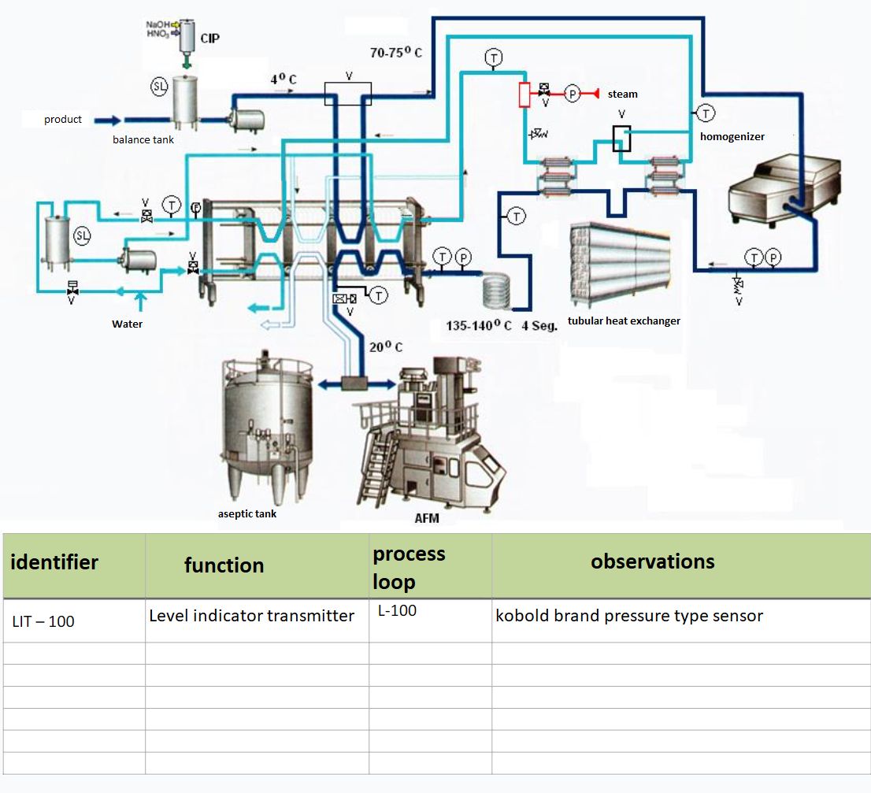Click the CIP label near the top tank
pyautogui.click(x=210, y=39)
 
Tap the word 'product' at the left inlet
pyautogui.click(x=63, y=120)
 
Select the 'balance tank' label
pyautogui.click(x=143, y=139)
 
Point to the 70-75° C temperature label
pyautogui.click(x=396, y=52)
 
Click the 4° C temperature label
pyautogui.click(x=284, y=80)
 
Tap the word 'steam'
pyautogui.click(x=623, y=94)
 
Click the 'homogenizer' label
pyautogui.click(x=732, y=136)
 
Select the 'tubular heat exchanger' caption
pyautogui.click(x=624, y=321)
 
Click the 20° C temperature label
pyautogui.click(x=386, y=347)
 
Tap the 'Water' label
pyautogui.click(x=128, y=324)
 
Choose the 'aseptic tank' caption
pyautogui.click(x=247, y=514)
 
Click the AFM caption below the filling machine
pyautogui.click(x=427, y=518)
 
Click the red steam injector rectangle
pyautogui.click(x=524, y=94)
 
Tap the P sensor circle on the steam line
pyautogui.click(x=573, y=94)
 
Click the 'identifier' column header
pyautogui.click(x=54, y=562)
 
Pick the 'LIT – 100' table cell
pyautogui.click(x=43, y=621)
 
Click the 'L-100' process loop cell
pyautogui.click(x=397, y=611)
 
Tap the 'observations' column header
pyautogui.click(x=653, y=561)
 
